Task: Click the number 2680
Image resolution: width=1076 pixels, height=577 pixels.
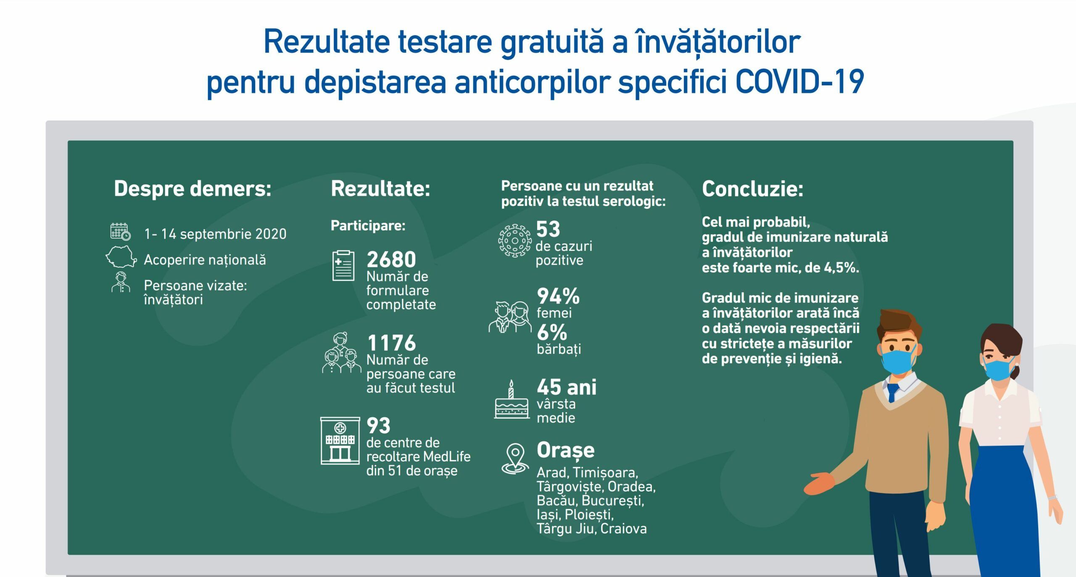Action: [x=391, y=259]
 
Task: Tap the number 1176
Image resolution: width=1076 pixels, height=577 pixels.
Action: [x=391, y=343]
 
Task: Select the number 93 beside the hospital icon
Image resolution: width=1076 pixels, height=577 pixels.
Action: [x=378, y=425]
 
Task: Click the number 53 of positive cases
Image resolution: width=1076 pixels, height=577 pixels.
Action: [x=548, y=229]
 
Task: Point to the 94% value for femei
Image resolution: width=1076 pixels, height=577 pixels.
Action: [x=558, y=296]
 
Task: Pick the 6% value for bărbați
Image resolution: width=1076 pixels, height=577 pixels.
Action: [x=552, y=332]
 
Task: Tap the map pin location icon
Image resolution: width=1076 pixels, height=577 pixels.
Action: [x=515, y=459]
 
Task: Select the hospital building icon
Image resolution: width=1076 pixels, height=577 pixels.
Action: [x=340, y=440]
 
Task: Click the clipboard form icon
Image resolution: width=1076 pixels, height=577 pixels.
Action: [x=343, y=266]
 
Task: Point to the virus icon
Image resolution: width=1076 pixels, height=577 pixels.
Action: [x=514, y=241]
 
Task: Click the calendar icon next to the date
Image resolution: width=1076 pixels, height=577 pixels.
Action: [x=120, y=232]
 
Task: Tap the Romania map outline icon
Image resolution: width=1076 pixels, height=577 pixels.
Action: [x=121, y=257]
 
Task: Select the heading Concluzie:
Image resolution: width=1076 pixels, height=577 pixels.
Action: [x=752, y=189]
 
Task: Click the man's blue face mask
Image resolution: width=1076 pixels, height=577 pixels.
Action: [x=898, y=361]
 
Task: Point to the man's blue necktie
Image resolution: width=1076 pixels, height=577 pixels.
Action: [x=892, y=393]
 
